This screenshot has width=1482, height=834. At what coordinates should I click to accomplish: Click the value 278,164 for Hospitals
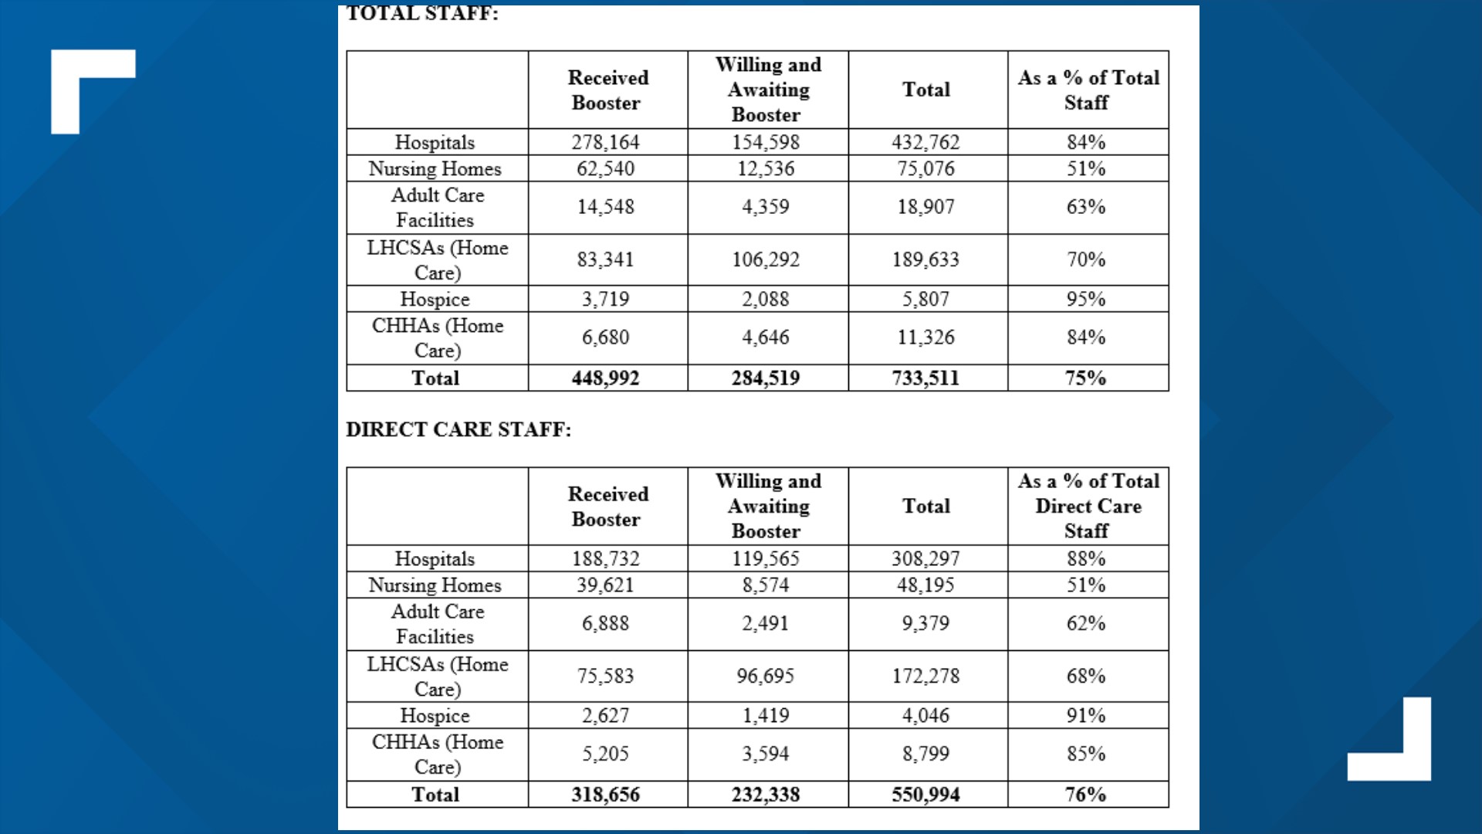605,142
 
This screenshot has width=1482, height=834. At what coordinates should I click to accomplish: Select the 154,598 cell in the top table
766,142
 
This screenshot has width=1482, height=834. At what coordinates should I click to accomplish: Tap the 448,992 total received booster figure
605,378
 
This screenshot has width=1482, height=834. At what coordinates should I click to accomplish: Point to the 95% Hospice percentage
1086,299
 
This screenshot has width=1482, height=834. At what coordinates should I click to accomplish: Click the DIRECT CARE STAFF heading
458,429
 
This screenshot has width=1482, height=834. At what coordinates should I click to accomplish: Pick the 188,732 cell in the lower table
605,558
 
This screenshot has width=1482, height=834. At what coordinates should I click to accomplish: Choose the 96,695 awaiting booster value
766,676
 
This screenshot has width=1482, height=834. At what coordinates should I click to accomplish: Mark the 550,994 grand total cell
925,795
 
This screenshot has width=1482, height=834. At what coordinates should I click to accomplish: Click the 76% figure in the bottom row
1086,795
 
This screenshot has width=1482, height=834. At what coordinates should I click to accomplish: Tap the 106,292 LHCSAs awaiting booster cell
766,259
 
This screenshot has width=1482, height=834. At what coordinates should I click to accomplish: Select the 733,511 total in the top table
925,378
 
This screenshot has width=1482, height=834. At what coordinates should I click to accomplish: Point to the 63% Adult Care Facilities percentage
1086,207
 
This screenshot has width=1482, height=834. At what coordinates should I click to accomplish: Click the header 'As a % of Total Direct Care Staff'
1088,506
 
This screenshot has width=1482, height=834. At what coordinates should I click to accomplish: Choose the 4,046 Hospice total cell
925,716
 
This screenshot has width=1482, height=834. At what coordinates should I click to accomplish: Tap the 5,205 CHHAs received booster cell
605,754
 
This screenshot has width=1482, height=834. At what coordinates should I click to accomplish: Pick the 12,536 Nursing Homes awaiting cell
766,168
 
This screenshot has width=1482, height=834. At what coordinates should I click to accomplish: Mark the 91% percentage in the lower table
1086,716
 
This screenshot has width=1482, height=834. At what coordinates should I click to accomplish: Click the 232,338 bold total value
766,795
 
